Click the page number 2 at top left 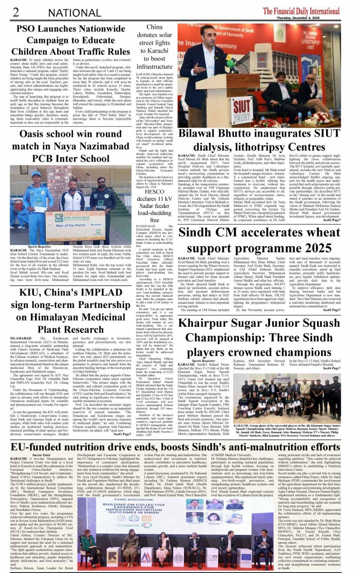click(x=16, y=12)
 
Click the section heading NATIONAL click(x=74, y=13)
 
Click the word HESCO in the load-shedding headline click(x=154, y=192)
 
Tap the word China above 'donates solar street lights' click(x=154, y=27)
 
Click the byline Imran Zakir click(x=42, y=455)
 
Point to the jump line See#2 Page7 click(x=331, y=220)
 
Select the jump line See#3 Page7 click(x=331, y=310)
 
